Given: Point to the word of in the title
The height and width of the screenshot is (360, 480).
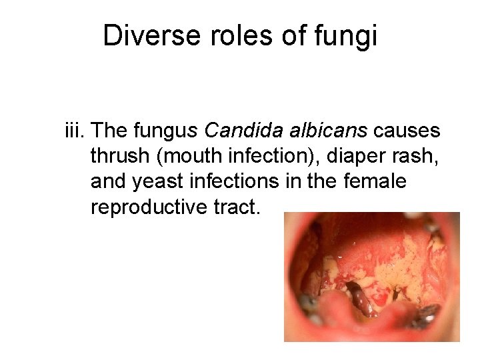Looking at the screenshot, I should pyautogui.click(x=292, y=37).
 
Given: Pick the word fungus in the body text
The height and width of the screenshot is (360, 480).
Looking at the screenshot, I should pyautogui.click(x=161, y=131).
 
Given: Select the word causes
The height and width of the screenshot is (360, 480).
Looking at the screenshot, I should pyautogui.click(x=407, y=131).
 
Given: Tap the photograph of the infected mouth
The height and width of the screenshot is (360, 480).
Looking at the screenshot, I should pyautogui.click(x=372, y=277).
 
